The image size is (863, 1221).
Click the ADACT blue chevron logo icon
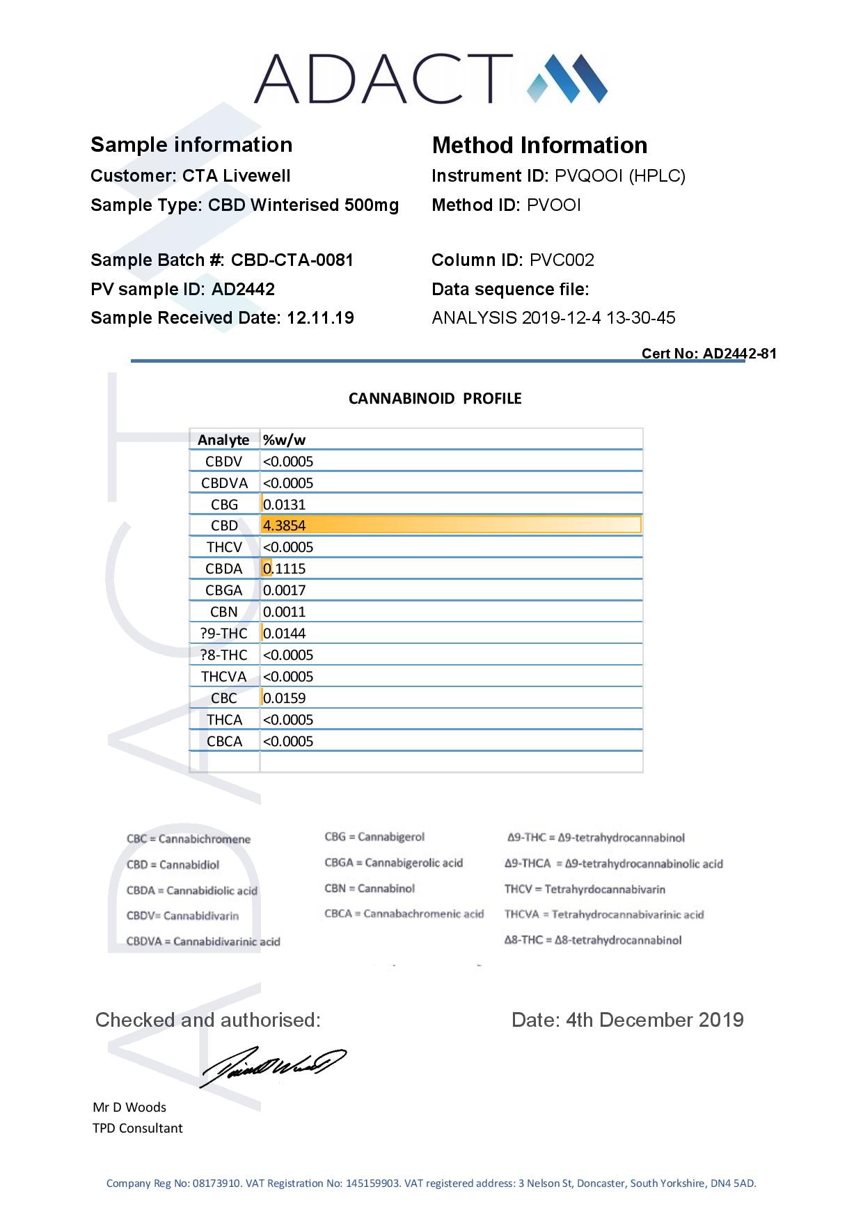coord(567,78)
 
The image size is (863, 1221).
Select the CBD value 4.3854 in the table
coord(284,526)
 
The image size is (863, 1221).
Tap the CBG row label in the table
coord(224,505)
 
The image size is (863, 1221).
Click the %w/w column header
coord(284,440)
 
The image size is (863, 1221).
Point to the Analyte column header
coord(223,440)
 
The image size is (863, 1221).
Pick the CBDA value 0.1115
coord(284,569)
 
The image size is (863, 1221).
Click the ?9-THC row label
coord(223,633)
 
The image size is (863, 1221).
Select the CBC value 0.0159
coord(284,698)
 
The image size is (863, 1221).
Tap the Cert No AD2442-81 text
coord(708,354)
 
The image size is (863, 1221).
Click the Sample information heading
coord(191,145)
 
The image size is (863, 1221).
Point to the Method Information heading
coord(539,145)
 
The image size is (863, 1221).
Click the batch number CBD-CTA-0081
coord(292,260)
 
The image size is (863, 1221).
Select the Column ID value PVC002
coord(562,260)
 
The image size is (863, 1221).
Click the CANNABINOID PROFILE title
coord(435,399)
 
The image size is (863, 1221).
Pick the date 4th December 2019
coord(654,1021)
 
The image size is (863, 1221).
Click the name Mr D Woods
coord(129,1108)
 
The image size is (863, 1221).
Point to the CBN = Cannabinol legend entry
coord(370,889)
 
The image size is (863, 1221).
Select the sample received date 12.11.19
coord(320,318)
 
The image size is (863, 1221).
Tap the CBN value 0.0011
coord(284,612)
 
